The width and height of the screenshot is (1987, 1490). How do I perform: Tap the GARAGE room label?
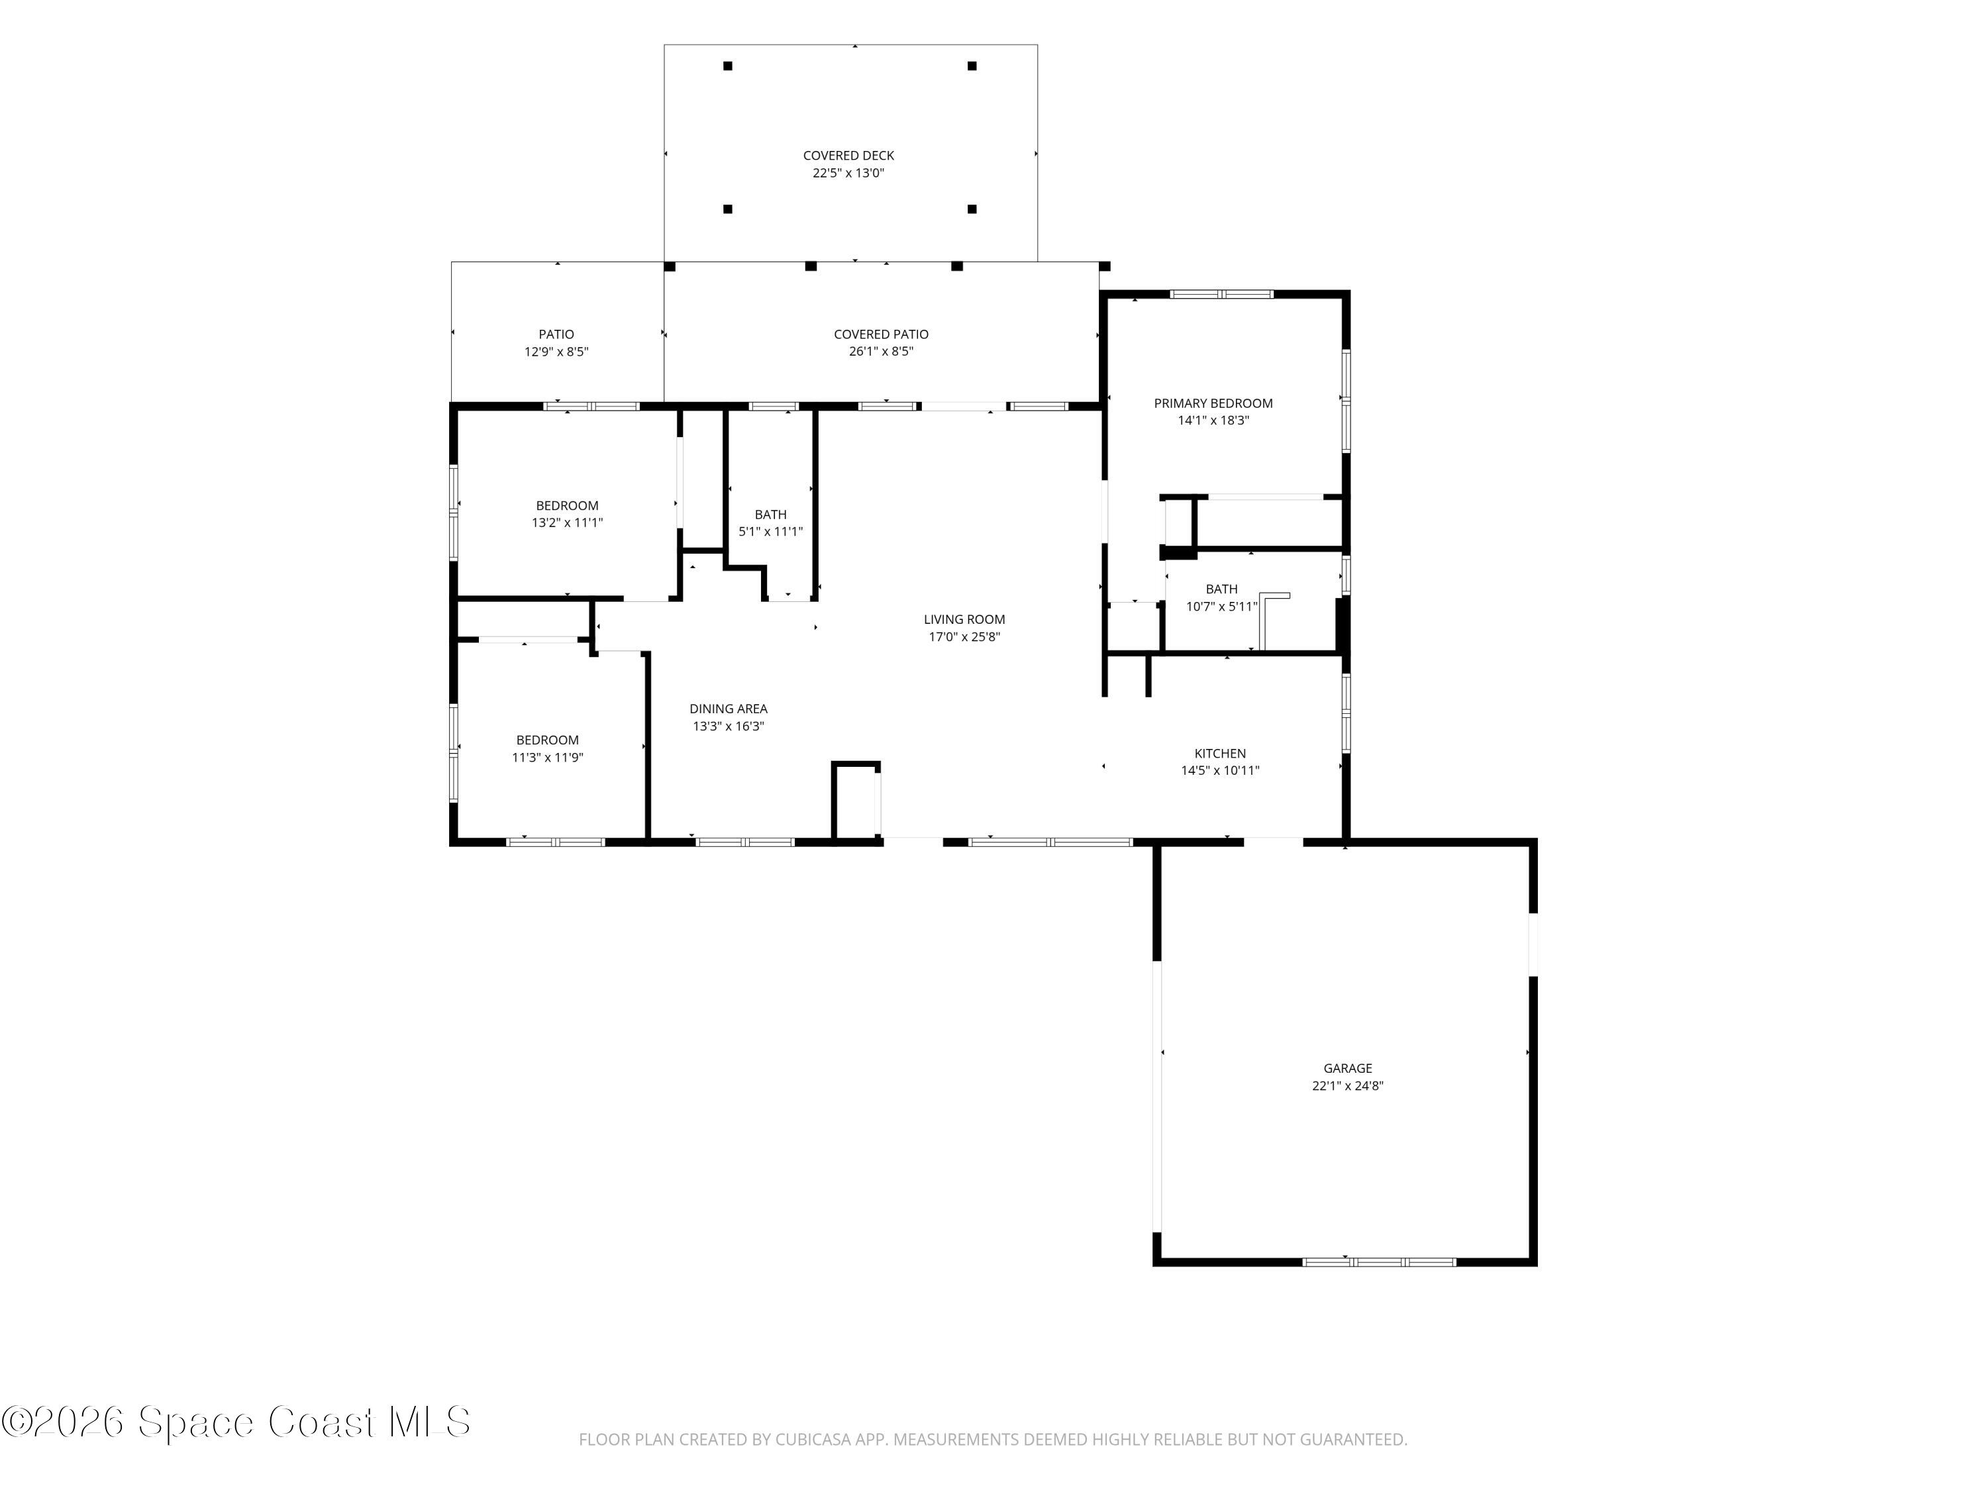tap(1347, 1068)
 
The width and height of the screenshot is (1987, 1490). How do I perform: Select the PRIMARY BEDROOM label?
tap(1213, 403)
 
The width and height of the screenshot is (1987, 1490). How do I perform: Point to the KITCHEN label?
tap(1220, 754)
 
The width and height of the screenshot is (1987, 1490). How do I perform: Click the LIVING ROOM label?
tap(964, 619)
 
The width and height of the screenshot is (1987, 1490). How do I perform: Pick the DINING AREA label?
tap(729, 709)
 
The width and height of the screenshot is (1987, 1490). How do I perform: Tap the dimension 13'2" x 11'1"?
tap(567, 522)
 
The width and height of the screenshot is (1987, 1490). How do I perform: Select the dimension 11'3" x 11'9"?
tap(547, 757)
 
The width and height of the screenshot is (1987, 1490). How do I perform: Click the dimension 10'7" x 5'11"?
tap(1221, 606)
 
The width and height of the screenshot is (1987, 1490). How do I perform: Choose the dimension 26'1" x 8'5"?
tap(881, 351)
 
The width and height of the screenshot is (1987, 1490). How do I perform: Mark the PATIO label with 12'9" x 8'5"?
tap(556, 334)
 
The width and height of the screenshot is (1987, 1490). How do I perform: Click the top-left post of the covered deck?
tap(728, 66)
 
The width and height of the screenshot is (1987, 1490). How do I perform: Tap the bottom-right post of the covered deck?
tap(972, 209)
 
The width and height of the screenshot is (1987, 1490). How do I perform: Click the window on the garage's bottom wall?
tap(1379, 1262)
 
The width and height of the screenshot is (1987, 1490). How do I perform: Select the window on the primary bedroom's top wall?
tap(1221, 293)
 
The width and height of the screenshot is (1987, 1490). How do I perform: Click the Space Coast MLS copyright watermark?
tap(235, 1422)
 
